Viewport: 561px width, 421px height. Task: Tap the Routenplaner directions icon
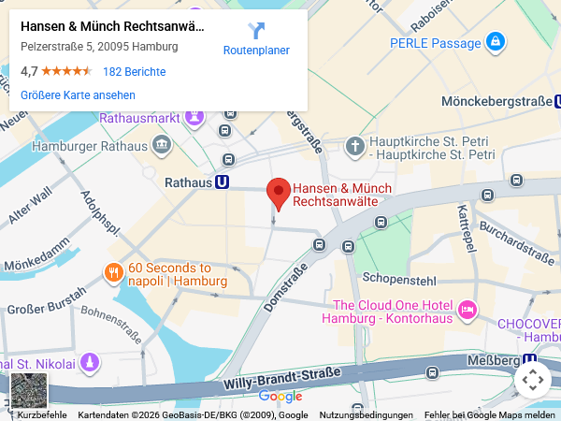(256, 31)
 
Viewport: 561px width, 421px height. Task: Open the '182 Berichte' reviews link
(134, 71)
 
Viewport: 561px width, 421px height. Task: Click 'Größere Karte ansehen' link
(78, 94)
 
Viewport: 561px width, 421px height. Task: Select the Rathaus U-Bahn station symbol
(223, 183)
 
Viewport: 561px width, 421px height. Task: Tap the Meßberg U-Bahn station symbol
(531, 359)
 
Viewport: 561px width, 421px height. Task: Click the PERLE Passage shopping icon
(496, 41)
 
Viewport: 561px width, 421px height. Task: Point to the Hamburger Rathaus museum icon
(162, 145)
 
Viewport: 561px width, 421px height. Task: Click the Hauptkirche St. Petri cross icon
(354, 146)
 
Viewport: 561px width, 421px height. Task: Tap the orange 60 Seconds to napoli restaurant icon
(113, 273)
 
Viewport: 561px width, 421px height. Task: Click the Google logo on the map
(280, 397)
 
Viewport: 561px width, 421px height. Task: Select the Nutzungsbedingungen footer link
(366, 415)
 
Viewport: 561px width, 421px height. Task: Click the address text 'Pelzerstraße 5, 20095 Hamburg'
(99, 47)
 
